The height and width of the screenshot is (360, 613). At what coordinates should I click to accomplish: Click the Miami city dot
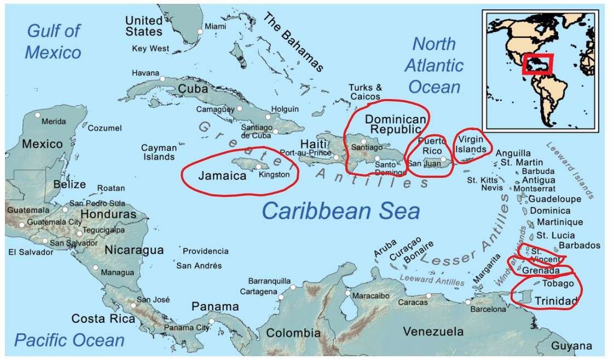[x=200, y=32]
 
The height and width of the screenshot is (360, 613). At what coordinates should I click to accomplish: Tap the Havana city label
[x=146, y=73]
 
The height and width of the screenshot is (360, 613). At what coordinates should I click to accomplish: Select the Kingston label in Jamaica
[x=274, y=175]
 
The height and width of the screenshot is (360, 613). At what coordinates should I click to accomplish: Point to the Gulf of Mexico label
[x=54, y=42]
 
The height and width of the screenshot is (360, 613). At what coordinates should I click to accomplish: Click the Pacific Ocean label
[x=69, y=340]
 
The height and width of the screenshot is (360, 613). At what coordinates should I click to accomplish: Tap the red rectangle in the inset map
[x=537, y=64]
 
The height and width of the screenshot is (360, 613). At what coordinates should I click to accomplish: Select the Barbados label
[x=580, y=246]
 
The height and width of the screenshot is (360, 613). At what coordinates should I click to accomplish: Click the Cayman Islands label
[x=159, y=152]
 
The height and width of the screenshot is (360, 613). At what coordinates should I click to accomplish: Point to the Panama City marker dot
[x=212, y=322]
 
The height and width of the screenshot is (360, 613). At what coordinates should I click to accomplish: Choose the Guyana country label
[x=571, y=346]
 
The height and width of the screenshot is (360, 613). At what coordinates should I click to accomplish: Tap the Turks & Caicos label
[x=366, y=92]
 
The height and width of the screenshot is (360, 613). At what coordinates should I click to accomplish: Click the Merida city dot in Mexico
[x=38, y=115]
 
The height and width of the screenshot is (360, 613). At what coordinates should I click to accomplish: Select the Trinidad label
[x=556, y=301]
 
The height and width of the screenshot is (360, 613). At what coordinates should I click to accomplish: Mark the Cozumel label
[x=105, y=128]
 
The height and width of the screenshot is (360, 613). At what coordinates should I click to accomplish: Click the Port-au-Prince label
[x=305, y=153]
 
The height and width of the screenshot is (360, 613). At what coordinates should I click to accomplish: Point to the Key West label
[x=151, y=49]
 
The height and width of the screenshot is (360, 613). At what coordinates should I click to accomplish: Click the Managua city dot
[x=96, y=268]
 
